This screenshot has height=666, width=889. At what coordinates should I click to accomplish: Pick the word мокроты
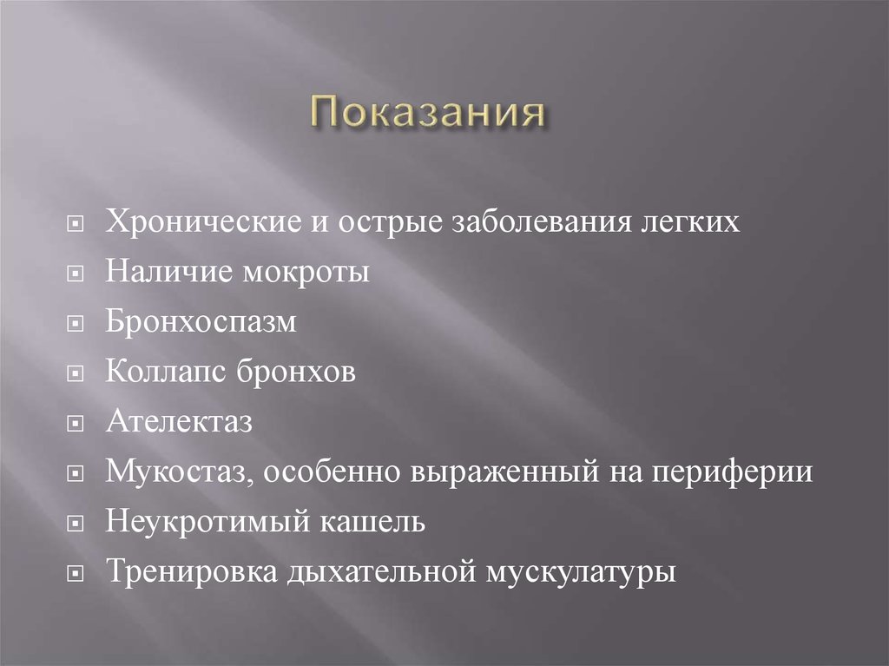pos(298,273)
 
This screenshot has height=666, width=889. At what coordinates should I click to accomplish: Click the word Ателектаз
pos(179,424)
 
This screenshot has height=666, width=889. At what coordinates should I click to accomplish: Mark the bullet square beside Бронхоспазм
pos(76,325)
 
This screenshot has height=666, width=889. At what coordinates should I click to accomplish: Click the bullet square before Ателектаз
pos(76,425)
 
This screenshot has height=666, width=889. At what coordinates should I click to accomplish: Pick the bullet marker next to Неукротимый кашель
pos(76,525)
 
